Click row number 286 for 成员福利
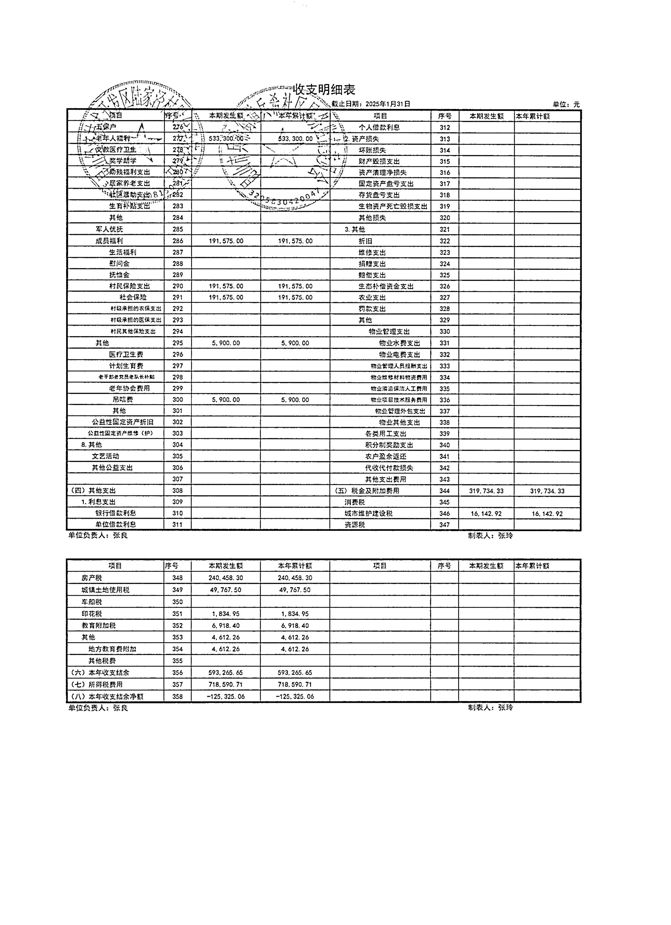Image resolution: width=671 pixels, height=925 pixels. [x=178, y=241]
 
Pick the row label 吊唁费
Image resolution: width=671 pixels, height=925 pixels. [x=123, y=400]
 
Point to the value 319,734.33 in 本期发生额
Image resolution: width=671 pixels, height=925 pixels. [x=486, y=491]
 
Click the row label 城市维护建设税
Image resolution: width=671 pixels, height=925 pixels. [x=368, y=513]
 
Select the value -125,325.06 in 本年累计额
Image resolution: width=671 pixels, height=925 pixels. [x=295, y=696]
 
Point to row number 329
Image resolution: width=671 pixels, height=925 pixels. [x=445, y=320]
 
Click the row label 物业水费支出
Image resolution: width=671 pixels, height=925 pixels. [x=399, y=343]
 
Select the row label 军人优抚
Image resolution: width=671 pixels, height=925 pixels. [x=109, y=229]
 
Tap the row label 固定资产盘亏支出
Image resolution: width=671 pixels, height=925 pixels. [x=386, y=184]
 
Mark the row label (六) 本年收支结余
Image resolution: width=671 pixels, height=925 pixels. [x=100, y=672]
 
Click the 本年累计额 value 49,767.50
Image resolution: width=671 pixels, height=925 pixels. [x=295, y=590]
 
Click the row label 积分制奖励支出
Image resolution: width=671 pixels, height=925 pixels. [x=389, y=445]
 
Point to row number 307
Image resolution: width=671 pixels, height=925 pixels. [x=178, y=479]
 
